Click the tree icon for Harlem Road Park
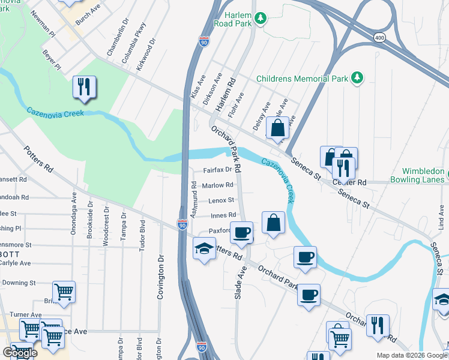260,19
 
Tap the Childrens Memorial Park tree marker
358,78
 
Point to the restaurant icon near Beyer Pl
84,88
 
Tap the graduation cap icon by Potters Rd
204,248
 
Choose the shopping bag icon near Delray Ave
277,128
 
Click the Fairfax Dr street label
217,170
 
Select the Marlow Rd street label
217,185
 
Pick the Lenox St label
221,200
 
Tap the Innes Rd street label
223,215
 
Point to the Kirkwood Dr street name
146,55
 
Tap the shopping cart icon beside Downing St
64,292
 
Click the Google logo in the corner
20,353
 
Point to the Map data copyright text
411,355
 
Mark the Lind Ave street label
441,217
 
